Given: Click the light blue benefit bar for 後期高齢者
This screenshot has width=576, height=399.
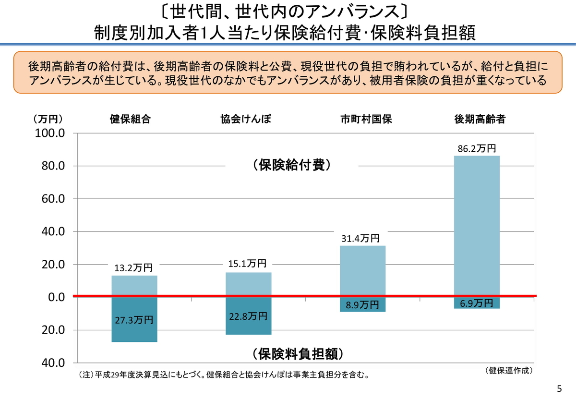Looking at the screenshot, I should (477, 226).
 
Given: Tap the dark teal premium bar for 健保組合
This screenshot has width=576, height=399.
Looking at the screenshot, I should (134, 331).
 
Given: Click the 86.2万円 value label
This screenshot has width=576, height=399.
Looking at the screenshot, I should (477, 149).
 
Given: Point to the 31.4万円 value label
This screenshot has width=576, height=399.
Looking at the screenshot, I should (360, 239).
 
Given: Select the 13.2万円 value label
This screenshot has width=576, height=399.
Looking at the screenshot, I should (133, 268).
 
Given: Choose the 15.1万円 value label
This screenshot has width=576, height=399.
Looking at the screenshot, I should (247, 264).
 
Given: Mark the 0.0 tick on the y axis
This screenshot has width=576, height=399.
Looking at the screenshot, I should (55, 297).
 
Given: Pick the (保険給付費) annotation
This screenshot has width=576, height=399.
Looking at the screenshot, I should (291, 165).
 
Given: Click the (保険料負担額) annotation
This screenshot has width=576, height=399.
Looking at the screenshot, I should (298, 354).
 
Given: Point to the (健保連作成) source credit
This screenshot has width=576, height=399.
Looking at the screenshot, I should (509, 370).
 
